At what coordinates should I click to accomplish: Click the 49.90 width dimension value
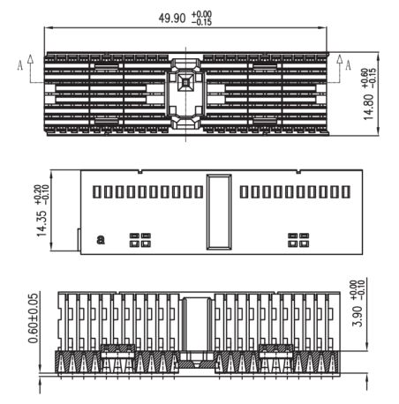click(172, 19)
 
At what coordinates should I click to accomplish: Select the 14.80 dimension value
click(368, 107)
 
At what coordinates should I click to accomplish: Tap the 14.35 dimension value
click(41, 223)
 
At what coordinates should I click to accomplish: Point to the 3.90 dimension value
click(358, 316)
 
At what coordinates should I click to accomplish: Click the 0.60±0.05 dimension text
click(34, 318)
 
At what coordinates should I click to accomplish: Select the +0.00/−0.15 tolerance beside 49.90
click(201, 18)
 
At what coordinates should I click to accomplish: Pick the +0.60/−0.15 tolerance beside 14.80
click(369, 78)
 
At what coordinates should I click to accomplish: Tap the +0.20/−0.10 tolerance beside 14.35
click(41, 194)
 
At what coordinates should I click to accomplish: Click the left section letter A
click(20, 65)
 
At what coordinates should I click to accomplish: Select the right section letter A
click(348, 65)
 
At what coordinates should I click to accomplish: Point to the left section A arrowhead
click(30, 58)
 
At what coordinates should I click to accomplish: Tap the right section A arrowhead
click(340, 58)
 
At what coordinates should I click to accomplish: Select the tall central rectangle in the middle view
click(219, 212)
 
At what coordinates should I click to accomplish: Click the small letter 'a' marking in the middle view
click(101, 239)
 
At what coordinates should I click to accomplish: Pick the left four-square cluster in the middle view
click(140, 240)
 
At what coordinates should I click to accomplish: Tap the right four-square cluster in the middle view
click(298, 240)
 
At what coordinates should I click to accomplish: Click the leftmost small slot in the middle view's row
click(96, 191)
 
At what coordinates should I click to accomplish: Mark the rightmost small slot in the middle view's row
click(346, 191)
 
